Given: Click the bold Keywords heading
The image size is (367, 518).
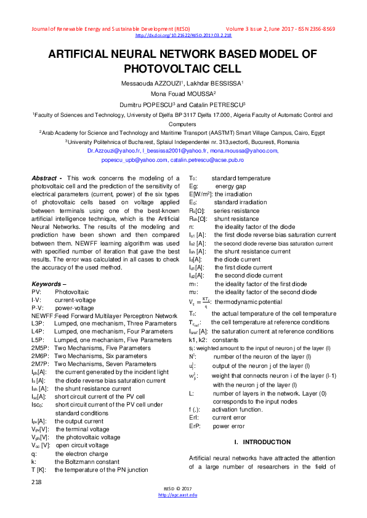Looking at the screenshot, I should pos(48,284).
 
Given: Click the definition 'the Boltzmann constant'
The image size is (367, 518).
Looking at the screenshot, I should pos(85,461).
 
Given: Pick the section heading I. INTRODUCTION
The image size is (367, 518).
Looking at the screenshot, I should pos(262,442).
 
